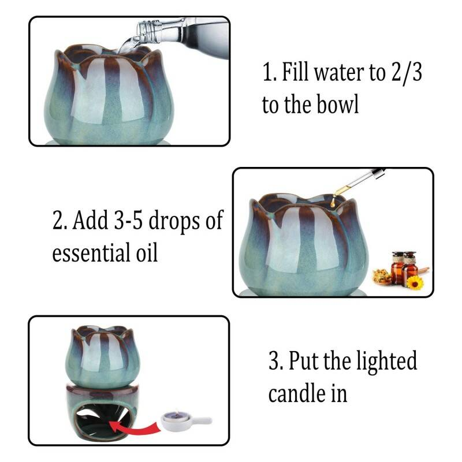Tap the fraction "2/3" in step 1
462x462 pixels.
point(407,73)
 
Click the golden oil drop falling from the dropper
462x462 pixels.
point(333,203)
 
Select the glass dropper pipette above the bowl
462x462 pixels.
point(358,181)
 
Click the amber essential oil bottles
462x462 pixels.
point(403,267)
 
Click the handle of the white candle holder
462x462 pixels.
point(201,420)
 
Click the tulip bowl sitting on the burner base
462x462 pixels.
point(103,356)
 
